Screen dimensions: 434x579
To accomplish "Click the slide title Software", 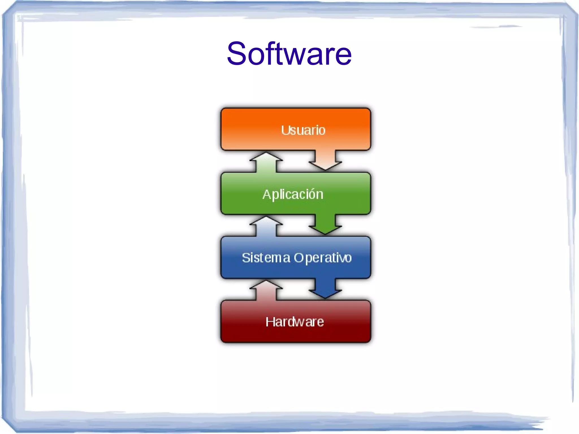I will pos(289,53).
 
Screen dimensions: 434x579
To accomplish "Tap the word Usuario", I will pos(303,130).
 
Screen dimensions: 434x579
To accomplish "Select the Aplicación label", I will pos(293,195).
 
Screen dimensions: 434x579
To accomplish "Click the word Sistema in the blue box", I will pos(266,258).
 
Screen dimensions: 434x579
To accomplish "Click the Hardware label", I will pos(295,322).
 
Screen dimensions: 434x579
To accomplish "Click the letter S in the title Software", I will pos(237,53).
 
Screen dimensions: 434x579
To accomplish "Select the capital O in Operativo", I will pos(299,258).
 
